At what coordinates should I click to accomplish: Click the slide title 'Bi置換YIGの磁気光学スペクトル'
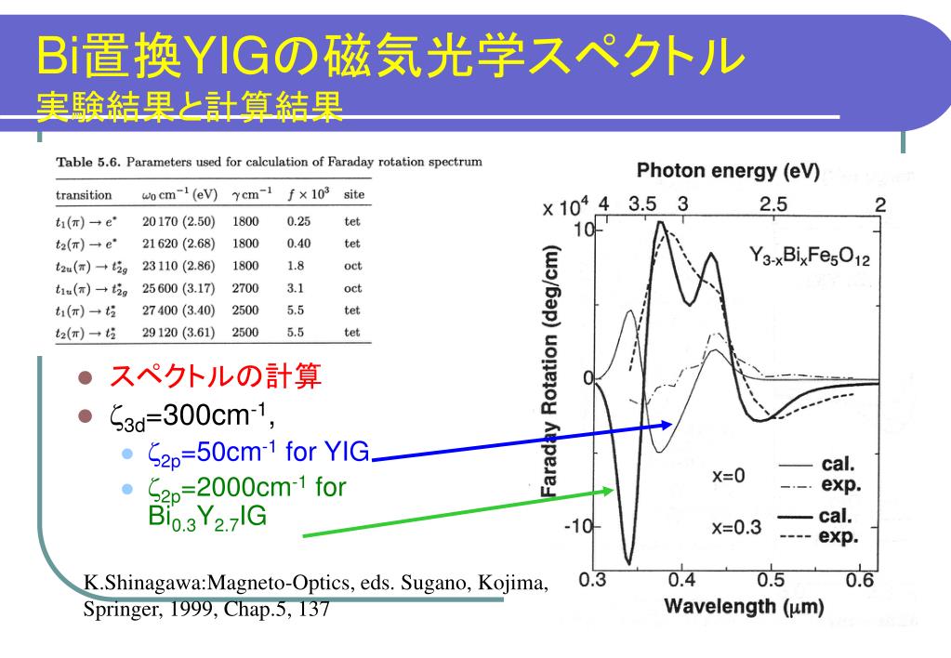pos(390,56)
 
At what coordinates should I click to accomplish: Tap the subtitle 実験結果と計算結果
pos(190,107)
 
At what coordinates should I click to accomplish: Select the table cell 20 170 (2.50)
pos(178,221)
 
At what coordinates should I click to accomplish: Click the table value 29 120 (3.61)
pos(178,333)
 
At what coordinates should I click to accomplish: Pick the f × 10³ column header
pos(308,194)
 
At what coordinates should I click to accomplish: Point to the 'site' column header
pos(354,194)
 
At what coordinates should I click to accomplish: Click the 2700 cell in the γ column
pos(245,288)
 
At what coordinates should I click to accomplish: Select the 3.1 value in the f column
pos(296,288)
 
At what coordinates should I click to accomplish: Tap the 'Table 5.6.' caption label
pos(88,162)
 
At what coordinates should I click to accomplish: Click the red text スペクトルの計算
pos(216,376)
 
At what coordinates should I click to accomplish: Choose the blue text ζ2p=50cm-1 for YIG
pos(258,453)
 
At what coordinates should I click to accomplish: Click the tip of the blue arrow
pos(673,424)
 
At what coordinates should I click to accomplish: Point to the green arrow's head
pos(614,490)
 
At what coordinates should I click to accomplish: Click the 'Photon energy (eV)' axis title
pos(728,171)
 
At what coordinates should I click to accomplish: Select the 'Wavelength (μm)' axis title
pos(745,606)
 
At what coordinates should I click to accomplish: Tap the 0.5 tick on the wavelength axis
pos(771,580)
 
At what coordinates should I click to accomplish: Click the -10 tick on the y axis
pos(578,526)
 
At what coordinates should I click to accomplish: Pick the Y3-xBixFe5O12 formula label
pos(809,256)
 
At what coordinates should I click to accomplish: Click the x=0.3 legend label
pos(736,527)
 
